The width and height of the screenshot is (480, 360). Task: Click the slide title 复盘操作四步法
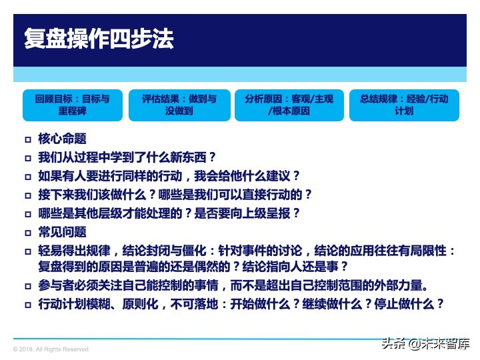pos(99,39)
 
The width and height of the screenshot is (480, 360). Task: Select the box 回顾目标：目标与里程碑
pos(73,105)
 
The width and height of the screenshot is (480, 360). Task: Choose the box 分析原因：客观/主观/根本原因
pos(289,105)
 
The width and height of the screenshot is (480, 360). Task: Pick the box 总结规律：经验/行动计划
pos(404,105)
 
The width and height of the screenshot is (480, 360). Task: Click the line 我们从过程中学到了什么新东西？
pos(127,158)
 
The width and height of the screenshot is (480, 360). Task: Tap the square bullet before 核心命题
pos(27,140)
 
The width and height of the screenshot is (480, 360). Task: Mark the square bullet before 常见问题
pos(27,233)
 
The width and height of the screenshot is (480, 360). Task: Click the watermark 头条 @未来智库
pos(425,344)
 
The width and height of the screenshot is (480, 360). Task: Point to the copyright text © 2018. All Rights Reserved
pos(51,349)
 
